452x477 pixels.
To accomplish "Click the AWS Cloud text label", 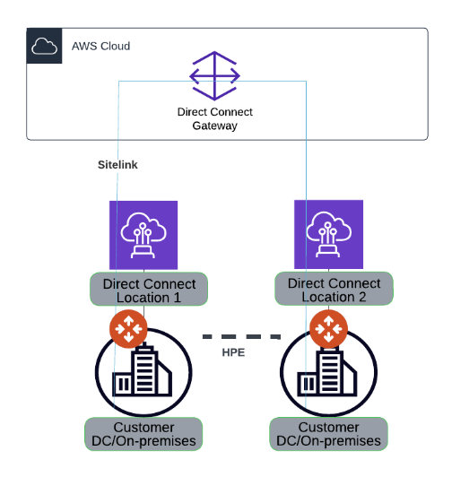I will click(x=100, y=46).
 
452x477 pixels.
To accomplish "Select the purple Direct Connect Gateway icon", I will click(x=214, y=76).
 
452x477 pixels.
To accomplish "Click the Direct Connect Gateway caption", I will click(x=214, y=119).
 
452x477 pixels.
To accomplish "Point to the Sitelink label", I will click(x=117, y=166).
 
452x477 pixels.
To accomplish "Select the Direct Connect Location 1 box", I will click(x=149, y=290).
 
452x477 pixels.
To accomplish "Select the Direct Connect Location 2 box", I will click(x=334, y=289).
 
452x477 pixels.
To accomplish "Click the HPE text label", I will click(x=234, y=352).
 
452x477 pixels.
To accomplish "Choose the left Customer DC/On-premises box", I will click(x=143, y=433).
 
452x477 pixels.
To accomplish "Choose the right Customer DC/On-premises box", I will click(x=328, y=433).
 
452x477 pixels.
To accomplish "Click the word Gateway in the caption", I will click(x=214, y=126).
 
